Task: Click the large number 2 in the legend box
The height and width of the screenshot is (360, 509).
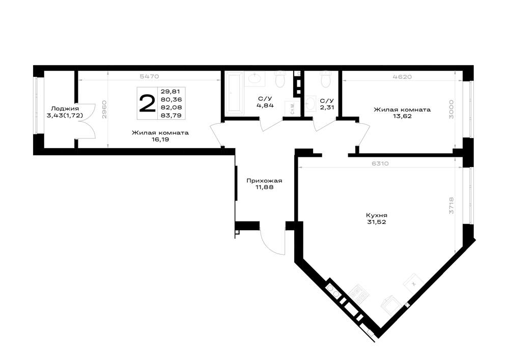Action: click(147, 103)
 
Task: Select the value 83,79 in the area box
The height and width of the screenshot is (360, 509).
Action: click(171, 115)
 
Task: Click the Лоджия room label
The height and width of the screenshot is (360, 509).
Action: click(65, 109)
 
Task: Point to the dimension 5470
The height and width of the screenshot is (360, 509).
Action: click(149, 76)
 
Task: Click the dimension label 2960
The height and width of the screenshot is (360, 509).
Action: click(104, 109)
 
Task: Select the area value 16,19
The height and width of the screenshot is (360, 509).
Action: click(160, 140)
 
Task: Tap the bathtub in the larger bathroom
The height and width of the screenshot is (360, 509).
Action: click(234, 93)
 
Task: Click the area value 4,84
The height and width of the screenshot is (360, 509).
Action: click(265, 105)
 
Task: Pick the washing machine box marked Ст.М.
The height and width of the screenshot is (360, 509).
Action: click(292, 108)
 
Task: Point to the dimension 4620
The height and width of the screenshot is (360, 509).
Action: click(402, 77)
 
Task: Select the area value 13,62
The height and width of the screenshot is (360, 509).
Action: click(402, 116)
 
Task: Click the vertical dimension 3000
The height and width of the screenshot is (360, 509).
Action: click(451, 109)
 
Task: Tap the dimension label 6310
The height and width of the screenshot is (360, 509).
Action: click(380, 163)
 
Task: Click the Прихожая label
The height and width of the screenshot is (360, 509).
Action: click(264, 181)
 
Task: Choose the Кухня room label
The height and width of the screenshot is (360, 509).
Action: click(377, 215)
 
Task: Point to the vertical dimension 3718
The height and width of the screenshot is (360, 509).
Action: click(451, 206)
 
